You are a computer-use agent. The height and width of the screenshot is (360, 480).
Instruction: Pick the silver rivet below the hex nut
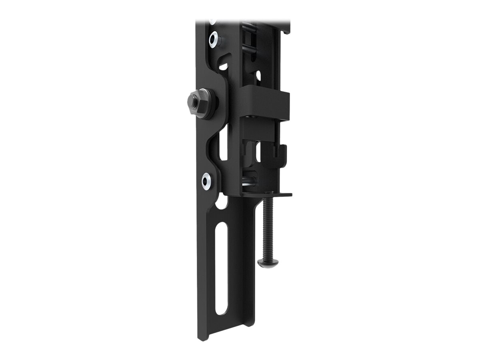point(207,181)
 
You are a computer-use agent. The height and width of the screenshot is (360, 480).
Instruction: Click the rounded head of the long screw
point(268,263)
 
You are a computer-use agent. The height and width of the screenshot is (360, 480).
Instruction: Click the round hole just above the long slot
point(221,202)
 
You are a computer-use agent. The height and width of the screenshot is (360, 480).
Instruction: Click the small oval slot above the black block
point(258,75)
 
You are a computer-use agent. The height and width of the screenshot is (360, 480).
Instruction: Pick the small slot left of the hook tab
point(258,152)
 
